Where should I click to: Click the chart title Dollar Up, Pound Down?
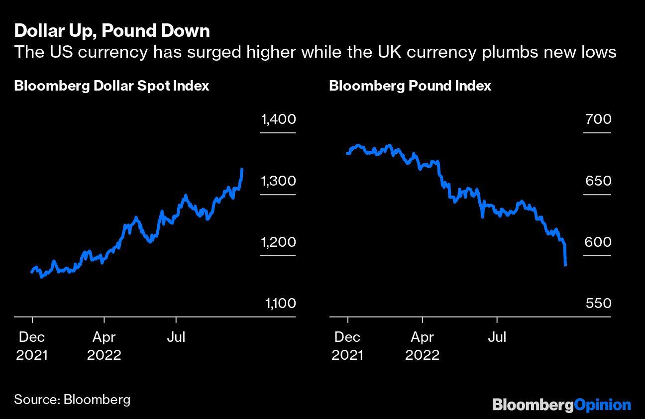point(112,31)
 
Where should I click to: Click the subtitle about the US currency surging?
point(316,52)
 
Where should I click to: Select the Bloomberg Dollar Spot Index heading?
point(111,86)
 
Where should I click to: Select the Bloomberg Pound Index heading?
point(410,86)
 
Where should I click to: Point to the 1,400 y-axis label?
point(278,119)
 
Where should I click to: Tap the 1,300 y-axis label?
point(278,181)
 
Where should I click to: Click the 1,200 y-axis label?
point(278,242)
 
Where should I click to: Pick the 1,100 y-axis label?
point(278,304)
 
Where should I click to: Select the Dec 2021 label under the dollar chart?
point(32,346)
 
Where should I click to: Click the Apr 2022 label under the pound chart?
point(422,346)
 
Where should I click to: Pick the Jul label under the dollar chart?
point(175,337)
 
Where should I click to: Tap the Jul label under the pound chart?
point(496,337)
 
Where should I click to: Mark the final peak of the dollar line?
point(242,170)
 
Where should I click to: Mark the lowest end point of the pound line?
point(566,265)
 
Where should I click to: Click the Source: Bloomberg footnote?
point(72,399)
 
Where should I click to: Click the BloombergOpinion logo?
point(561,405)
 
